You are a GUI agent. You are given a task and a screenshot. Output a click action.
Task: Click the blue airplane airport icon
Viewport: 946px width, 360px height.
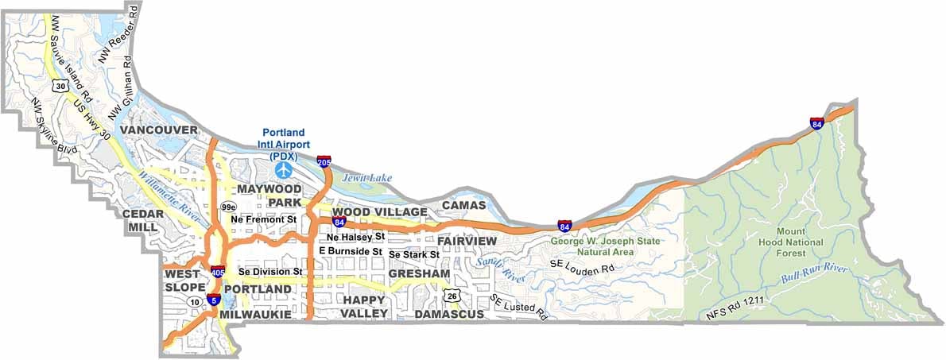pyautogui.click(x=284, y=169)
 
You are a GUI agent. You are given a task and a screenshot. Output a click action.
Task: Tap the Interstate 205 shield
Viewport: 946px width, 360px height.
pyautogui.click(x=324, y=161)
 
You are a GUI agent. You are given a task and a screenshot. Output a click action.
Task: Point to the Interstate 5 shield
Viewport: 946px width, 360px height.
pyautogui.click(x=213, y=300)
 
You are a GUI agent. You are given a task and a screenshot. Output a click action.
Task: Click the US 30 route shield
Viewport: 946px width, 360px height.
pyautogui.click(x=60, y=85)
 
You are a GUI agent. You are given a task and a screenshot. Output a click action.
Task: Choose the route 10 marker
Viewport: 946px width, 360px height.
pyautogui.click(x=194, y=302)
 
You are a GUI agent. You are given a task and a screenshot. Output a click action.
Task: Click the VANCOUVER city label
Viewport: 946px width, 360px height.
pyautogui.click(x=159, y=130)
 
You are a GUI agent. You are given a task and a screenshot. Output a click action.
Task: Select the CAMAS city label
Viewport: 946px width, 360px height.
pyautogui.click(x=463, y=205)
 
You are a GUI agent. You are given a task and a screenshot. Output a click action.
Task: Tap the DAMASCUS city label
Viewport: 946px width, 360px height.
pyautogui.click(x=449, y=315)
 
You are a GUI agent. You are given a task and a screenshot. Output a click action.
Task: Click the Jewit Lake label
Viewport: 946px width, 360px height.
pyautogui.click(x=367, y=178)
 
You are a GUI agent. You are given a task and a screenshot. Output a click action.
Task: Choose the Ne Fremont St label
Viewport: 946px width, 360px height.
pyautogui.click(x=264, y=219)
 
